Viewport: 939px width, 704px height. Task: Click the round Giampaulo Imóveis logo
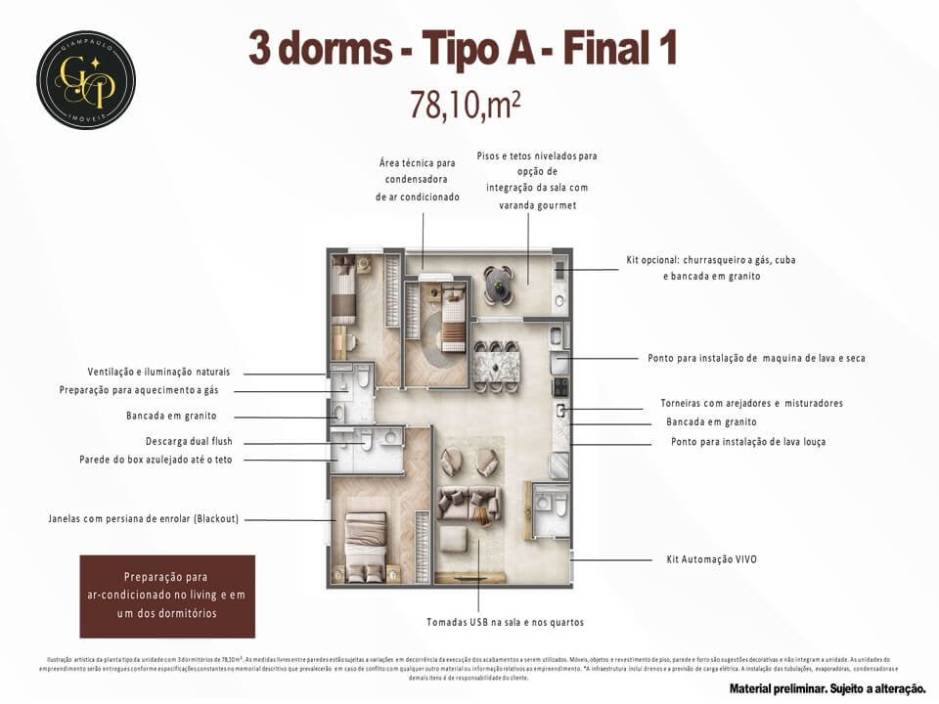[x=86, y=79]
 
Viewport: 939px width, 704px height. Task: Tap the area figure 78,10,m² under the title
[x=465, y=104]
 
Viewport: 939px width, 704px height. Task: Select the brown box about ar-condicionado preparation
[x=166, y=595]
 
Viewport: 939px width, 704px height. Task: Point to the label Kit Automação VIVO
[x=704, y=559]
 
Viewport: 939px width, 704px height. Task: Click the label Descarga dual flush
[x=189, y=441]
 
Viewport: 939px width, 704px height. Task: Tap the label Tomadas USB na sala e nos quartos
[x=505, y=622]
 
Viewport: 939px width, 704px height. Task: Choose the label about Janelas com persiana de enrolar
[x=144, y=518]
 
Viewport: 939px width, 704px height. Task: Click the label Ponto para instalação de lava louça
[x=747, y=442]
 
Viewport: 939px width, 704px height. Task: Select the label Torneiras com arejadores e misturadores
[x=751, y=403]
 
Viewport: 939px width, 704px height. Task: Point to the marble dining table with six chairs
[x=497, y=369]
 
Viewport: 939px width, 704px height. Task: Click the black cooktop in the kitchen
[x=561, y=387]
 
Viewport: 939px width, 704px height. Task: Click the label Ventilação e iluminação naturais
[x=158, y=373]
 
